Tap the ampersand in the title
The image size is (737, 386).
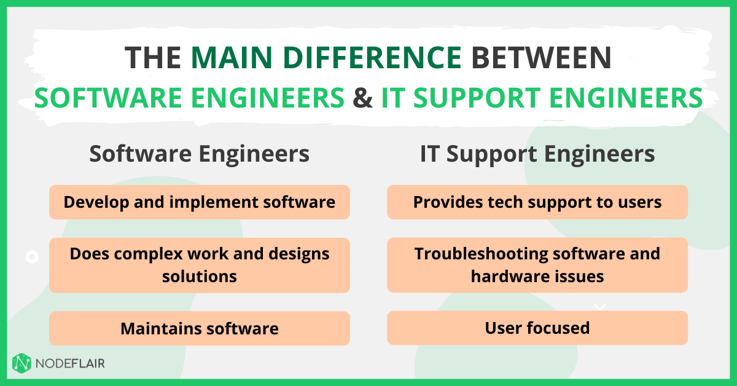[363, 98]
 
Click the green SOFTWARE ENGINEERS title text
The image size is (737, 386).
[189, 98]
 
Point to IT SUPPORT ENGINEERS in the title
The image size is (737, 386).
[542, 98]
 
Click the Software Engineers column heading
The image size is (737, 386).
[199, 154]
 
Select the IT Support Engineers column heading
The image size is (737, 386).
[537, 154]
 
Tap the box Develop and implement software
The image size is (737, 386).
[200, 202]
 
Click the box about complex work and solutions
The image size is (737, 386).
[200, 265]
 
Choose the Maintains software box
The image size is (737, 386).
[200, 328]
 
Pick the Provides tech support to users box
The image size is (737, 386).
[537, 202]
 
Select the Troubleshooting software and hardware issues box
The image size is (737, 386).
[537, 265]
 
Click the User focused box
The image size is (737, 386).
[537, 328]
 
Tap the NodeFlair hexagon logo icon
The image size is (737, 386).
[21, 363]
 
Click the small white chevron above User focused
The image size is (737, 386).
[600, 307]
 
